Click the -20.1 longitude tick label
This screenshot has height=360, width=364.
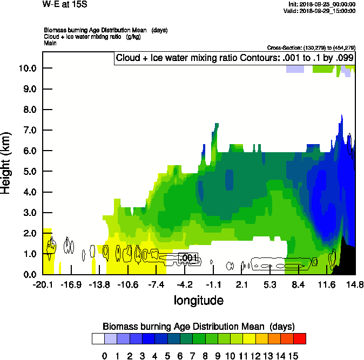[x=43, y=284]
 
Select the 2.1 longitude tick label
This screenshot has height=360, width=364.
[x=242, y=284]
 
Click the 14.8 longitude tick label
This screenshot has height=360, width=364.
[x=355, y=284]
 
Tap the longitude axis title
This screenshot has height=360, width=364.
[x=198, y=300]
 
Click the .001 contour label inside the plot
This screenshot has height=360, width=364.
[x=188, y=258]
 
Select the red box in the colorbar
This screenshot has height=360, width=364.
[x=299, y=338]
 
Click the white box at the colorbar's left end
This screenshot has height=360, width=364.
[x=98, y=338]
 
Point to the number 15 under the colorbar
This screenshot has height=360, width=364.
[x=292, y=356]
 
